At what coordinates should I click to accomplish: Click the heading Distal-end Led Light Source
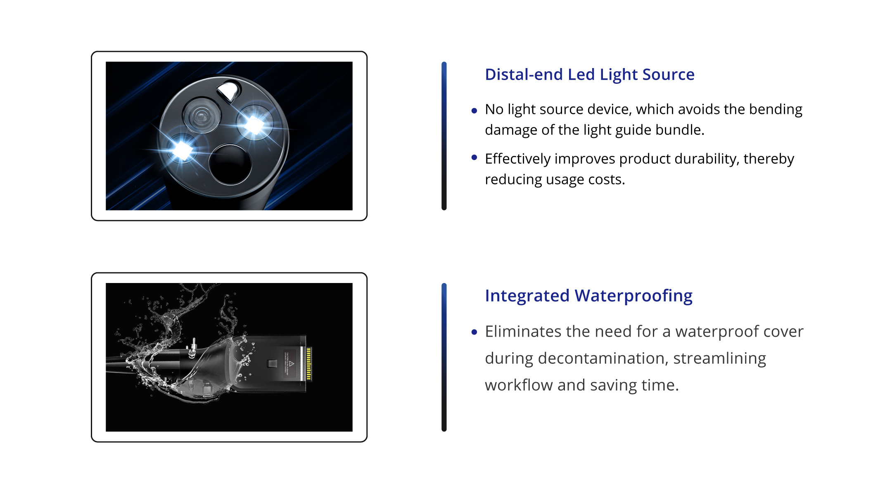590,75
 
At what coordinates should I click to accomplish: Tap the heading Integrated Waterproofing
588,296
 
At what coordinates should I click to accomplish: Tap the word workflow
519,385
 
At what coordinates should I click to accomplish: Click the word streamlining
719,358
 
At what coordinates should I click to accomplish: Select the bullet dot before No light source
474,111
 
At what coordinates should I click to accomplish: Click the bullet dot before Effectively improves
474,157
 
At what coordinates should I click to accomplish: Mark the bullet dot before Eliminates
474,332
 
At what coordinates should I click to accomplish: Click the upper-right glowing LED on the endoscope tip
254,124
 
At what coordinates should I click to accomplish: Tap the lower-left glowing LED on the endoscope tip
182,149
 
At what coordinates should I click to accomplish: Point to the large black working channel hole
230,164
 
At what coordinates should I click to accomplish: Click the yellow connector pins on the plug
309,363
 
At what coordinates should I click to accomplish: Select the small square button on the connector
272,363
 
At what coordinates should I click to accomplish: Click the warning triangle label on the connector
291,363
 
